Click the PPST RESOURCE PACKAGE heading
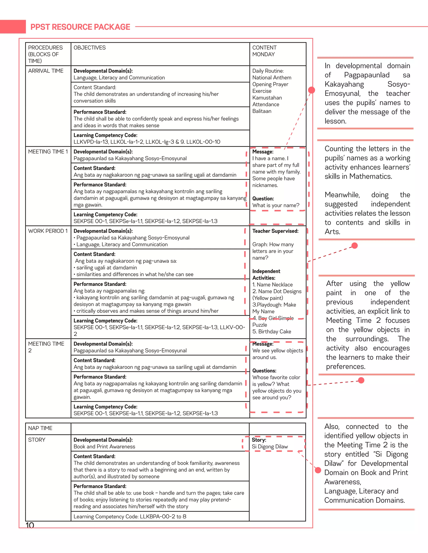pos(80,27)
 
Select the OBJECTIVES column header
pos(89,48)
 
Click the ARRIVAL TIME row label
pos(46,71)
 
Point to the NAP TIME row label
pos(40,428)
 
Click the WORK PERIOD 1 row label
pos(48,231)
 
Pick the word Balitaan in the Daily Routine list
pos(262,111)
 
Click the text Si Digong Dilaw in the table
pos(270,447)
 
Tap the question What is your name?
pos(276,205)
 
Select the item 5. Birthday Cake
pos(271,331)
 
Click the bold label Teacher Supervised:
pos(275,231)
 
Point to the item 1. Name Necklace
pos(272,285)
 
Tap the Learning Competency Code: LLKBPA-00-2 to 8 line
pos(130,516)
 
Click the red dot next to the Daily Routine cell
pos(311,90)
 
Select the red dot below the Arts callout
pos(354,245)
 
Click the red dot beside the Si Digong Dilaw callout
pos(318,470)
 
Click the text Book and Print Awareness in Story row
pos(104,447)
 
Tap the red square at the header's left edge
pos(13,27)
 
